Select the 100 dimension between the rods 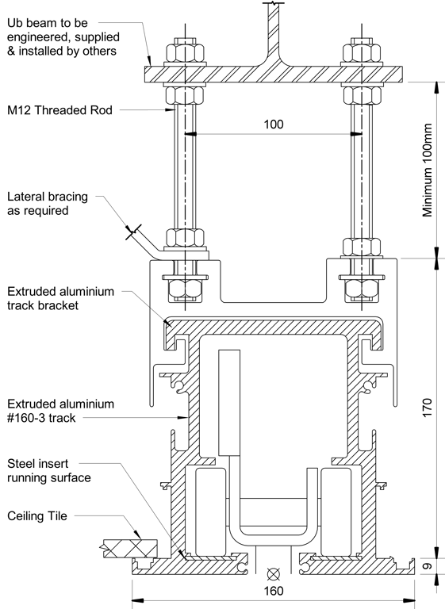[272, 124]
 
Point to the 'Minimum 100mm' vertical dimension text [429, 170]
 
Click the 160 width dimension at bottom [274, 592]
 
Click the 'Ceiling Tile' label [38, 515]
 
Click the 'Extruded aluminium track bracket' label [61, 298]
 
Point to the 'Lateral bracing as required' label [48, 204]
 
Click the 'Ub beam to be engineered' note [61, 36]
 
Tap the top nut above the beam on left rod [184, 53]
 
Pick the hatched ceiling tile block [132, 546]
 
